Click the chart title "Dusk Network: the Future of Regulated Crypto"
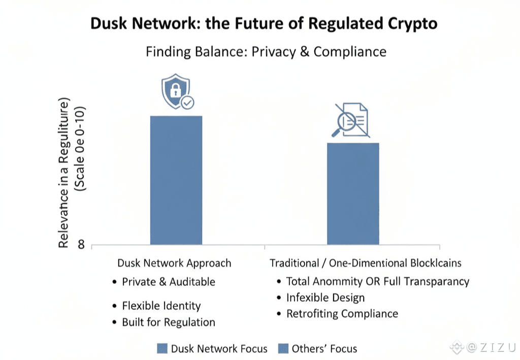tap(264, 23)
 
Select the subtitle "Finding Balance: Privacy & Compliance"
tap(266, 52)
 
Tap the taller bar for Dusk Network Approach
tap(176, 180)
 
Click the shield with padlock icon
tap(175, 92)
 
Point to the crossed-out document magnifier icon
tap(351, 120)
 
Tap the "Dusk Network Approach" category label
tap(174, 264)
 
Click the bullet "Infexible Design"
tap(326, 298)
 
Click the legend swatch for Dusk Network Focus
tap(162, 349)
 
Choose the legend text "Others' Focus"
tap(324, 349)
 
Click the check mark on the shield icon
tap(187, 103)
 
